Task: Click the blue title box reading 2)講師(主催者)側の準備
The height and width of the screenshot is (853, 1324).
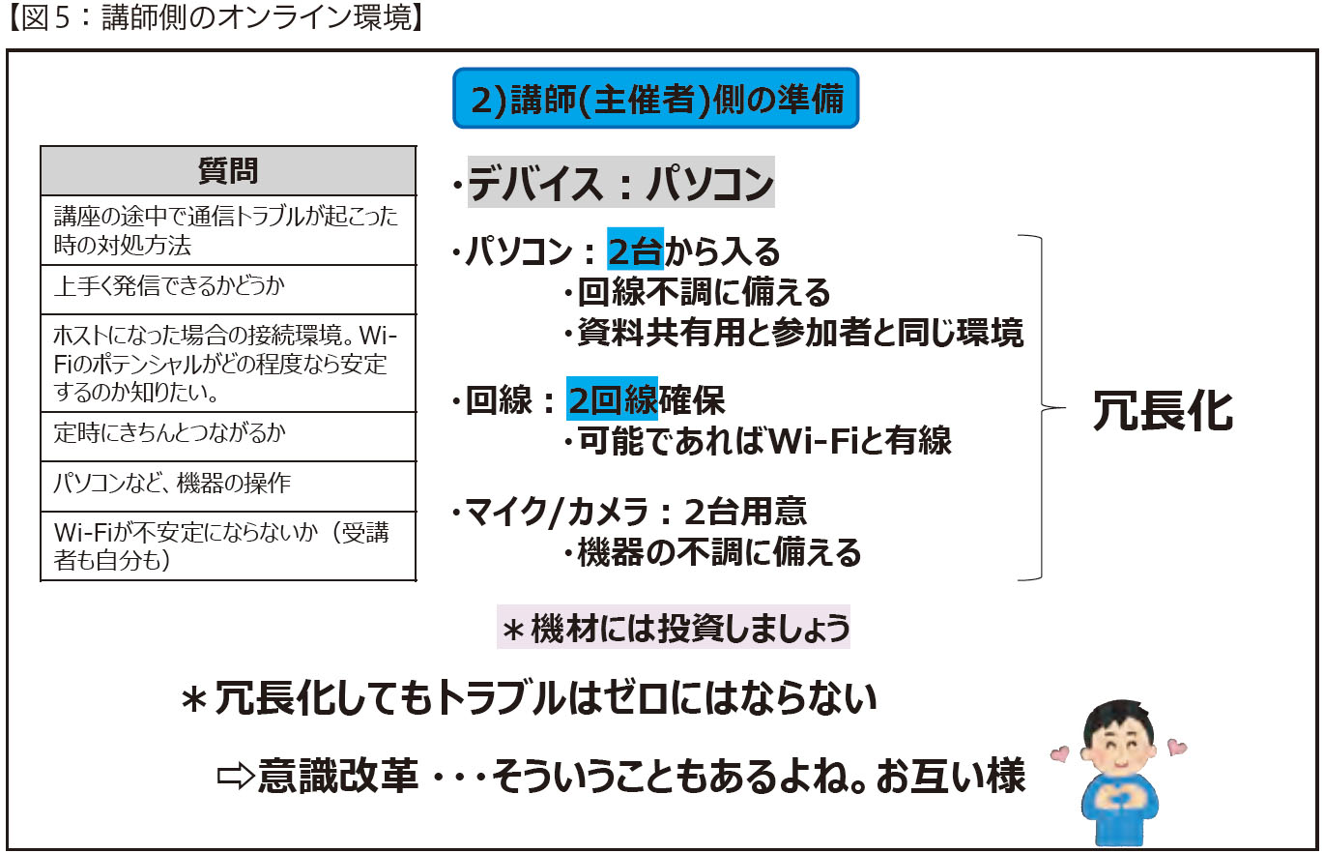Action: tap(655, 99)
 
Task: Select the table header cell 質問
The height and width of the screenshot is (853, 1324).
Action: tap(228, 171)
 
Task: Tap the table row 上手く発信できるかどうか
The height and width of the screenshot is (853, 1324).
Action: tap(228, 289)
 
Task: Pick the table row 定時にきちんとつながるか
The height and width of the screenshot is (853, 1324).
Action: tap(228, 436)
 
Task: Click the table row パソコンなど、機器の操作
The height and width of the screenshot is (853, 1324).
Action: tap(228, 486)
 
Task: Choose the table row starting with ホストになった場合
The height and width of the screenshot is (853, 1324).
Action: tap(228, 364)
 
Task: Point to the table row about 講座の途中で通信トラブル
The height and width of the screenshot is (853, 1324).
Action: tap(228, 230)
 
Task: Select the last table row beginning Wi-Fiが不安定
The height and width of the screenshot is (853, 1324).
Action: tap(228, 546)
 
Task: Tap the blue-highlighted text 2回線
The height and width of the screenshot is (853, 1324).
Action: tap(612, 398)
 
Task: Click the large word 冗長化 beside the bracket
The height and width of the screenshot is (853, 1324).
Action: tap(1163, 410)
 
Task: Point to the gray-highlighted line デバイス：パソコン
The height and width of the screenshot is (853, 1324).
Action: tap(620, 182)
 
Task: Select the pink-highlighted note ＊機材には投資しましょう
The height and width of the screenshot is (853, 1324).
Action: tap(674, 627)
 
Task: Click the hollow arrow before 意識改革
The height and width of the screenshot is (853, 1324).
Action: tap(235, 776)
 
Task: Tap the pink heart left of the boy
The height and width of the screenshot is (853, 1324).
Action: tap(1059, 753)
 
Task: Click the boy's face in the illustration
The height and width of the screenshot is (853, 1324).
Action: tap(1119, 748)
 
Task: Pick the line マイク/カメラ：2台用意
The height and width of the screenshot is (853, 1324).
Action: tap(629, 512)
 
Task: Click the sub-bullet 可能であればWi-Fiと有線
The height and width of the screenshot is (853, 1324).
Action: tap(757, 440)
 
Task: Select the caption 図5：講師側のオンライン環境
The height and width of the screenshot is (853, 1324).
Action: tap(216, 18)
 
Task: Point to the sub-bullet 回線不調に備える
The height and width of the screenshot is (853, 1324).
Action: tap(697, 292)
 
